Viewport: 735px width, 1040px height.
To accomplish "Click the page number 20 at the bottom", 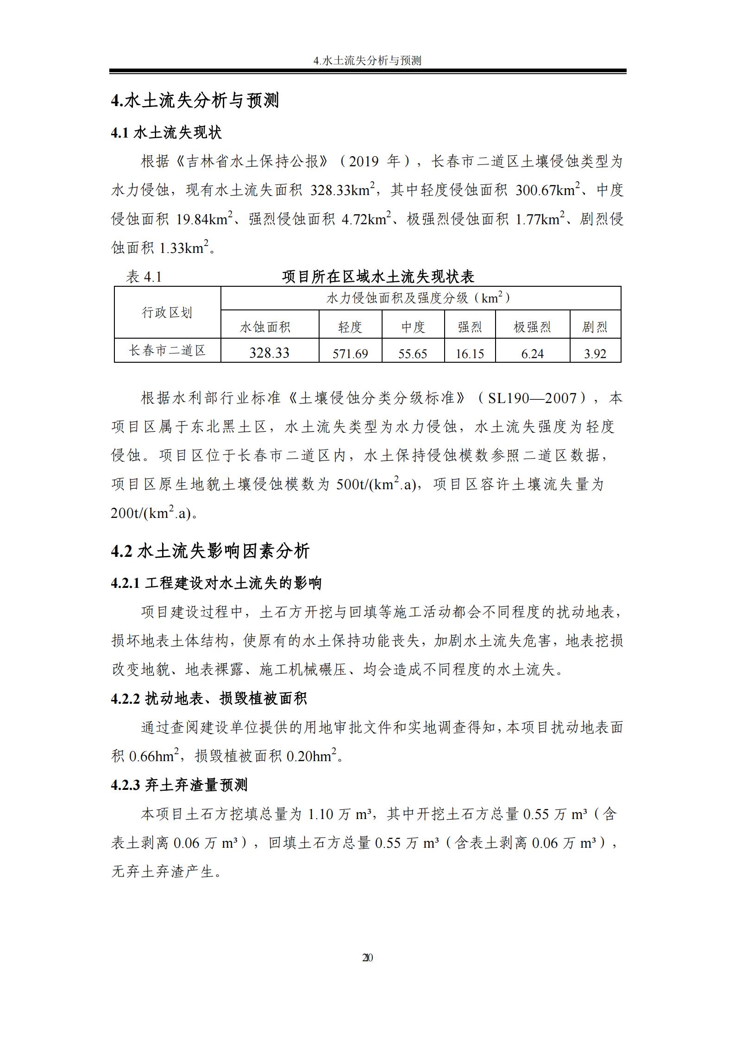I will point(367,958).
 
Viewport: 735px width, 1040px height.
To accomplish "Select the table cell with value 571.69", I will point(350,354).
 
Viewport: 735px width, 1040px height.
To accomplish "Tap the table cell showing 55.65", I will point(413,354).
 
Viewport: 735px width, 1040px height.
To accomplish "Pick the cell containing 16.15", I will point(470,354).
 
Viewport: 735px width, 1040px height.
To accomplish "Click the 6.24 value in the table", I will point(532,354).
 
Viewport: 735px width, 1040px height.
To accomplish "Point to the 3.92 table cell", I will point(595,354).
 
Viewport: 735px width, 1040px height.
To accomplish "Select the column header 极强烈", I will point(532,327).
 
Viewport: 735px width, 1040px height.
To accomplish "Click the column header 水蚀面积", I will point(265,327).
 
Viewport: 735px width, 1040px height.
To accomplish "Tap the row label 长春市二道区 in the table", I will point(167,350).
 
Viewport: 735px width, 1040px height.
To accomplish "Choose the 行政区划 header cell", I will point(167,313).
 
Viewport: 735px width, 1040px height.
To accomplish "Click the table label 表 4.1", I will point(144,277).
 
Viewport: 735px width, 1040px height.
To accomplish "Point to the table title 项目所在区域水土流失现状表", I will point(378,277).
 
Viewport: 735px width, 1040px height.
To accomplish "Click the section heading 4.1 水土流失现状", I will point(166,133).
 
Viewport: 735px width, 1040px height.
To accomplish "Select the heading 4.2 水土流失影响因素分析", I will point(210,551).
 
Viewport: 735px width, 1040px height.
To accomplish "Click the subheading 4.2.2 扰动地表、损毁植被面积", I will point(208,699).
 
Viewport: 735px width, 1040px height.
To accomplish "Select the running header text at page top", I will point(367,61).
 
